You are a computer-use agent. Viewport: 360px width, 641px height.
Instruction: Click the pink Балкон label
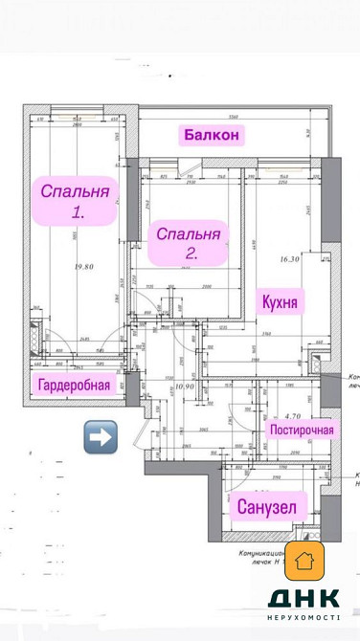click(211, 135)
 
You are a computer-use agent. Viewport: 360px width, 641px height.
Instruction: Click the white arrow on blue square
click(101, 436)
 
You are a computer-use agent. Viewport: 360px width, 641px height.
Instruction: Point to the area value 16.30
click(290, 258)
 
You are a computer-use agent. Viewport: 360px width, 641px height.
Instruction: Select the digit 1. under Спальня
click(78, 214)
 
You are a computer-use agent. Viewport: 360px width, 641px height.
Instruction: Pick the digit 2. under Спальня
click(191, 254)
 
